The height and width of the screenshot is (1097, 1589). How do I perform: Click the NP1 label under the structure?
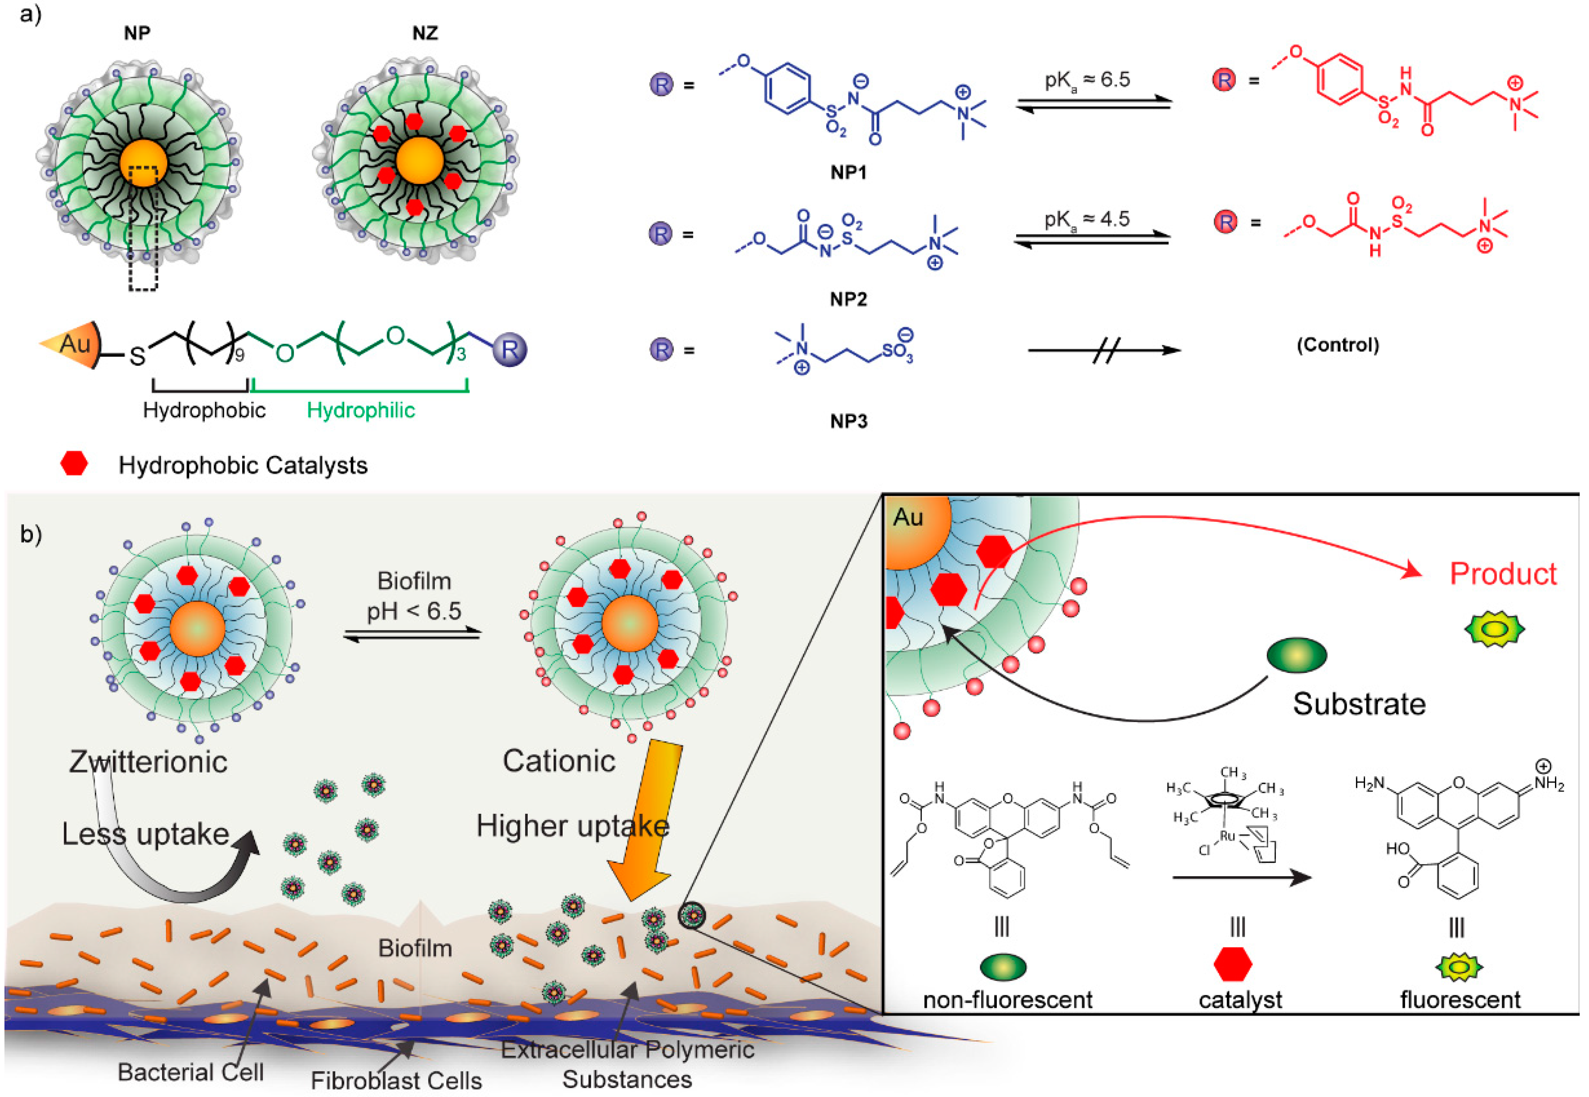[x=848, y=173]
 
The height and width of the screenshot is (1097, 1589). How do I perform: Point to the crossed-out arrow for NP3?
[x=1104, y=350]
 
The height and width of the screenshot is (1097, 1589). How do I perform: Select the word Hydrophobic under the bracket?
[x=204, y=410]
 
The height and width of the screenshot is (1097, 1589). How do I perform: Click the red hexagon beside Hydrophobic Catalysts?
[x=74, y=464]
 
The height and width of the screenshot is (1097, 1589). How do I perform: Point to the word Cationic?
[x=559, y=761]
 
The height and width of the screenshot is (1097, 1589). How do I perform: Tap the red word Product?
[x=1502, y=574]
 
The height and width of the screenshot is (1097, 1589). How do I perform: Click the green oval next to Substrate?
[x=1296, y=655]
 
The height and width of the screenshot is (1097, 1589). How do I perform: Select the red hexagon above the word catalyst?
[x=1232, y=965]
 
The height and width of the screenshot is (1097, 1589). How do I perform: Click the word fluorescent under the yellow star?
[x=1460, y=999]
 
